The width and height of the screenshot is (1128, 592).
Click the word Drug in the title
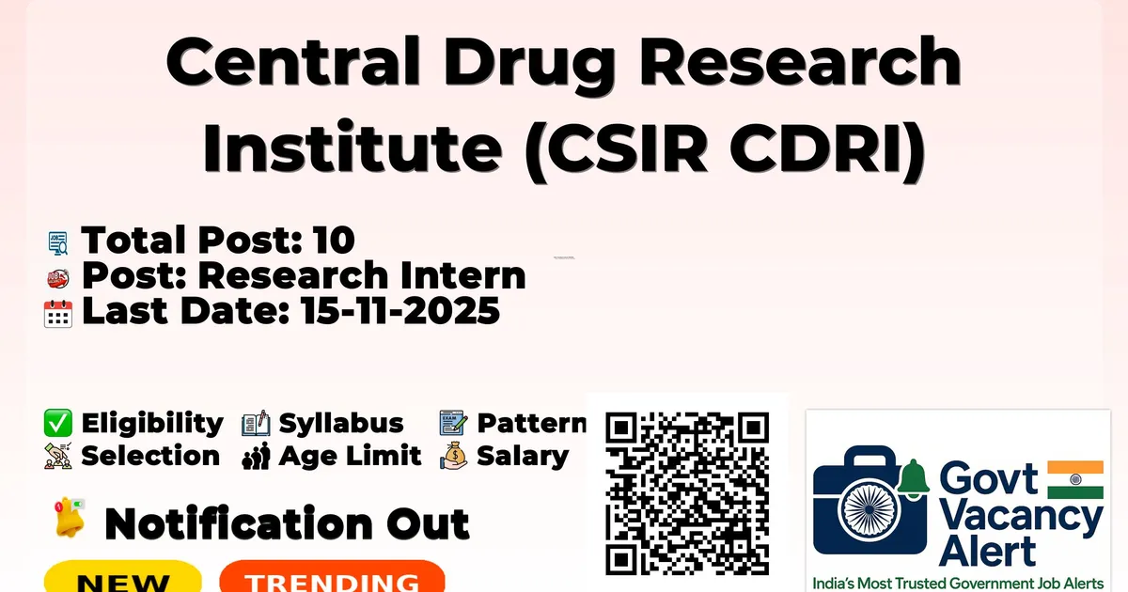point(528,65)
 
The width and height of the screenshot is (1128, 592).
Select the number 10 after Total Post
point(334,240)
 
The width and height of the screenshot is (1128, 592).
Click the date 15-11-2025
point(400,310)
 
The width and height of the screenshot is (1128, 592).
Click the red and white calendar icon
point(58,314)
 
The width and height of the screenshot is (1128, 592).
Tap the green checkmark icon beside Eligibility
point(58,422)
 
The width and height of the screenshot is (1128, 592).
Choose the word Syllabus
point(341,423)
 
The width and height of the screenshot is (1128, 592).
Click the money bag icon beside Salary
point(454,456)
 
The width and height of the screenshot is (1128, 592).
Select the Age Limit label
point(350,456)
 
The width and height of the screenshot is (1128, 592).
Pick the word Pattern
point(532,423)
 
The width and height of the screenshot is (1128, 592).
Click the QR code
point(687,493)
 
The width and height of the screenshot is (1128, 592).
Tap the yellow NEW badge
point(123,577)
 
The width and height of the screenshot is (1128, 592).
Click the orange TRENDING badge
point(333,577)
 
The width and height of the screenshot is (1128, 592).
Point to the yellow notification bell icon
point(70,518)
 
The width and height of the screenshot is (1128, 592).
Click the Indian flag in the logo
point(1075,479)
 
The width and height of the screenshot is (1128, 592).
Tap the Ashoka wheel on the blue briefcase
point(869,509)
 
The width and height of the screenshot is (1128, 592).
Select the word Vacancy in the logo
point(1021,517)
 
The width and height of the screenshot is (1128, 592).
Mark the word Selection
point(150,456)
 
